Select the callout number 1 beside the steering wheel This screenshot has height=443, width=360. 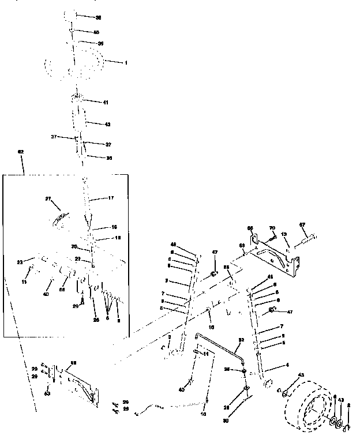pos(126,62)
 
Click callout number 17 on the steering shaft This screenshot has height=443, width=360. pos(111,198)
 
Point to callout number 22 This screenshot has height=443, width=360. pos(78,258)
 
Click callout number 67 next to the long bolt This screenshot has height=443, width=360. pos(317,224)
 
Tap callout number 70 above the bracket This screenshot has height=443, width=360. pos(272,229)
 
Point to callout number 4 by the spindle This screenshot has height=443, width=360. pos(271,365)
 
